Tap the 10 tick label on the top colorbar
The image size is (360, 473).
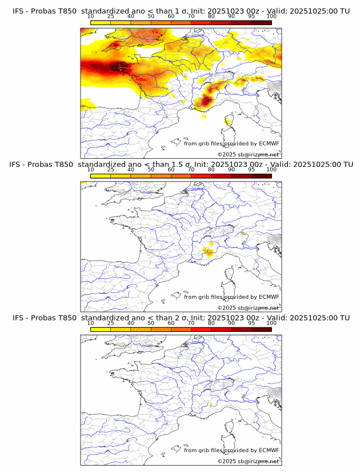91,17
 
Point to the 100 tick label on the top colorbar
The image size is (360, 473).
271,17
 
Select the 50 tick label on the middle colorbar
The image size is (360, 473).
151,170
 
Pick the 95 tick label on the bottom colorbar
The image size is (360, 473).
251,323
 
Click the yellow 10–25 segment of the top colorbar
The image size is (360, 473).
101,22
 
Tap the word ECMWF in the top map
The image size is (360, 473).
269,143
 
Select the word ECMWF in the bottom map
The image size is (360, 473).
269,451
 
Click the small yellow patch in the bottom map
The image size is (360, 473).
211,404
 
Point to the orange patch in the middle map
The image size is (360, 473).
208,251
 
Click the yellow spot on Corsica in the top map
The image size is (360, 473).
228,121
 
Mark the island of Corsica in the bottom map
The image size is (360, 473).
229,429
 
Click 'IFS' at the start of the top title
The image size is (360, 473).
18,11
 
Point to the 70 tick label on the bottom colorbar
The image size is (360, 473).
191,323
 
